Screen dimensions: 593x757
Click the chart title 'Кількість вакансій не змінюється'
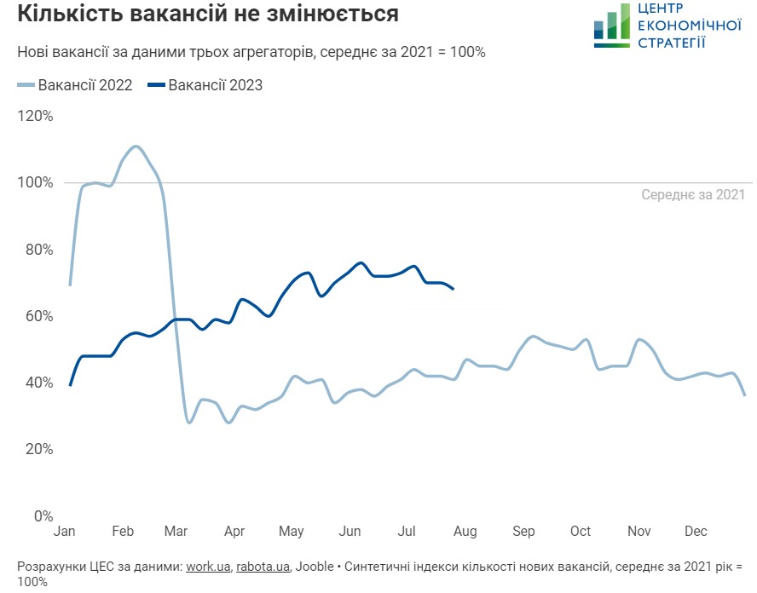(208, 14)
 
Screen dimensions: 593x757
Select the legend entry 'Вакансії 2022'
(75, 85)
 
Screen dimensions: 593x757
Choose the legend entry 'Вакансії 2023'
(205, 85)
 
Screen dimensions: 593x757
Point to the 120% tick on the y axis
(35, 116)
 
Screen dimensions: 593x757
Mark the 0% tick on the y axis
(43, 515)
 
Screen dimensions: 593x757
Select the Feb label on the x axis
(122, 532)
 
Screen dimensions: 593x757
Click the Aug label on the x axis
(465, 532)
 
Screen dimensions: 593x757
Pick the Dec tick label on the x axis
(696, 532)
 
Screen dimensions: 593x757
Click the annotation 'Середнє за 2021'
(693, 194)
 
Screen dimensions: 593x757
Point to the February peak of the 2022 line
(136, 147)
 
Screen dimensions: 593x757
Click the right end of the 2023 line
(453, 290)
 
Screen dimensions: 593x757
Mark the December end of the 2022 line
(744, 395)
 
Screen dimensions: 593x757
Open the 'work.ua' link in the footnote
(208, 567)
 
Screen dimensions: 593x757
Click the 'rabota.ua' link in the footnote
(263, 567)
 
